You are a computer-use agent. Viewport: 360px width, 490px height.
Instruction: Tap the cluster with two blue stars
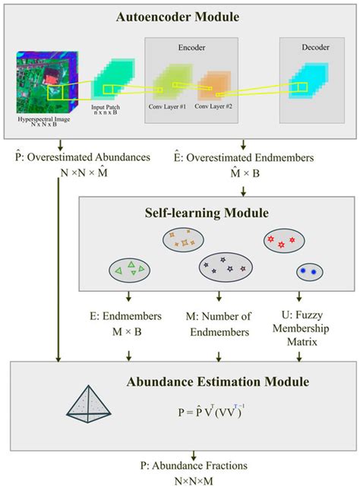pyautogui.click(x=308, y=270)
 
